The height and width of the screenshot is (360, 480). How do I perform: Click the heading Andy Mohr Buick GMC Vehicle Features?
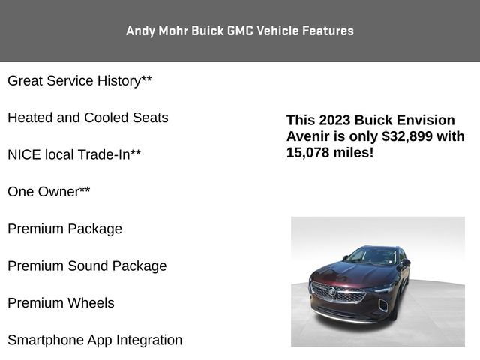pos(240,31)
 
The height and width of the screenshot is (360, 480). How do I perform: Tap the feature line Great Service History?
pos(79,81)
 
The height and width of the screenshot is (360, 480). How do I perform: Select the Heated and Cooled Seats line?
pos(88,118)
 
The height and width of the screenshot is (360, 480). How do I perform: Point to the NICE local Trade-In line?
pos(74,154)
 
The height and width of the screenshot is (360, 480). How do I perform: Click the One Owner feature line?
pos(49,192)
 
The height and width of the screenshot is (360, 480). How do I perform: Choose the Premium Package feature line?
pos(65,229)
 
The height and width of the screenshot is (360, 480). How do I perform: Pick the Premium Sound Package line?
pos(87,266)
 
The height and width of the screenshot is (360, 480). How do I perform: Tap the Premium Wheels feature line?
pos(61,303)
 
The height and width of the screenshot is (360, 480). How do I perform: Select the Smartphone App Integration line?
pos(95,340)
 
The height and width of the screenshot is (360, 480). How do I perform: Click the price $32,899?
pos(407,136)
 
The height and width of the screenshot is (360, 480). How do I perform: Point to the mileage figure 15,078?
pos(307,153)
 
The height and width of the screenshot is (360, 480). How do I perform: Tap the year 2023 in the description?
pos(334,120)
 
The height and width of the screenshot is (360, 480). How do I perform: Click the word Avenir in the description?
pos(307,136)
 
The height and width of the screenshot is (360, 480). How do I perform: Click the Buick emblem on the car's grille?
pos(331,291)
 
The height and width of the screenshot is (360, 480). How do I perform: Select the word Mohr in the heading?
pos(173,31)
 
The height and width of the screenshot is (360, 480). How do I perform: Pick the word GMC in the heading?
pos(240,31)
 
